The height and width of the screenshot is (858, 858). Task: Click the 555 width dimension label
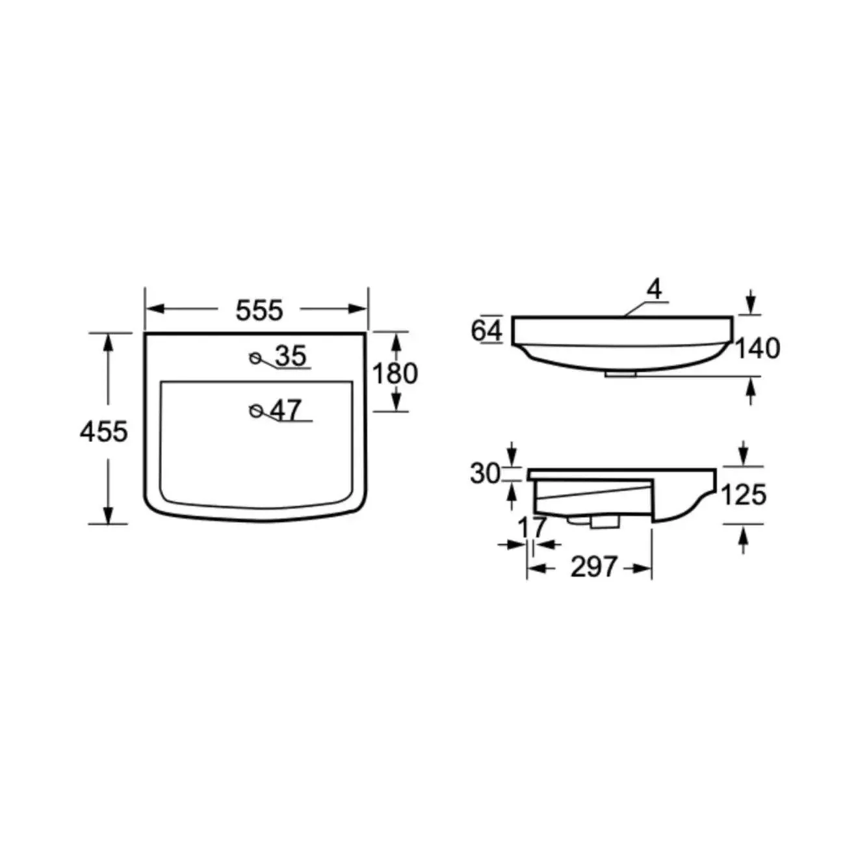tap(259, 310)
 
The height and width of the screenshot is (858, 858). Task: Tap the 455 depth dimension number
tap(104, 431)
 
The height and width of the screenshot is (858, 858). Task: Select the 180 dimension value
tap(395, 373)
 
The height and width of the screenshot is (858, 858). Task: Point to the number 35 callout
tap(291, 356)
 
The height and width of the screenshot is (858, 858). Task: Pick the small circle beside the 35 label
tap(255, 357)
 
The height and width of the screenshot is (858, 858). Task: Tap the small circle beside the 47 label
tap(256, 411)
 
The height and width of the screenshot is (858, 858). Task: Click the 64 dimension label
tap(487, 331)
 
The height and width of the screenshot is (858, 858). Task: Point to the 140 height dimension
tap(757, 348)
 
